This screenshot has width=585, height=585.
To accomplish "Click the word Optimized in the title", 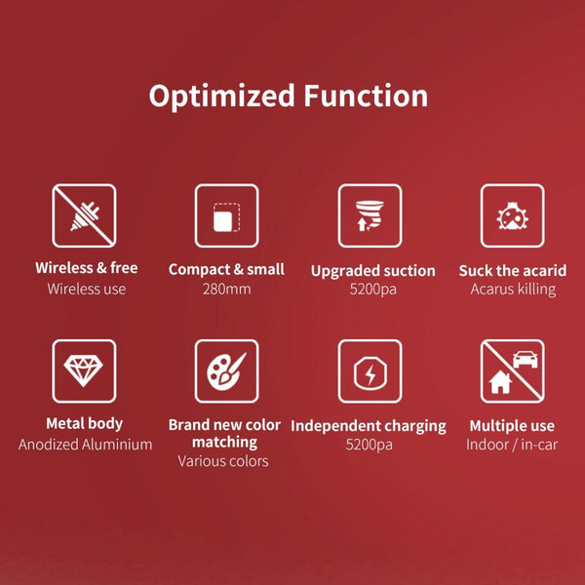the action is point(221,97).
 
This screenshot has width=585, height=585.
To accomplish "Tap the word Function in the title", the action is point(366,96).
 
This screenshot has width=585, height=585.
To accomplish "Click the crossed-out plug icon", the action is point(84,215).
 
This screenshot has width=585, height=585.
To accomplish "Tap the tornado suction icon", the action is point(370,215).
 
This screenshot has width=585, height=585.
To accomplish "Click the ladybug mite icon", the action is point(512,215).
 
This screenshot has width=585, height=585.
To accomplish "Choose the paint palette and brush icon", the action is point(226,371).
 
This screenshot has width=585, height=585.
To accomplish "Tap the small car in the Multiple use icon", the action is point(525,359).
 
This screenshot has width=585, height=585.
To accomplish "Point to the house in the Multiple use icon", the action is point(500,382).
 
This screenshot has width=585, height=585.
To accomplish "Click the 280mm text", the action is point(226,290).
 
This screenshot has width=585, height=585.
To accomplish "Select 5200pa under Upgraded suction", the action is point(372,290).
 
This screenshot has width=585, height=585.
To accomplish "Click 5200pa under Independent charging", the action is point(369,446).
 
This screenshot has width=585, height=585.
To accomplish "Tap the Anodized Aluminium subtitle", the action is point(86,445).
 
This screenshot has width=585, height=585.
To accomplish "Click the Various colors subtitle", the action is point(223,461).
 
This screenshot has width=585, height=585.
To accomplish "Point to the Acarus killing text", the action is point(513,290).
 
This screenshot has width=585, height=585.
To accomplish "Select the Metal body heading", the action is point(84,424).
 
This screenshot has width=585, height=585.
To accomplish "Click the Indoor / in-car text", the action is point(512,445).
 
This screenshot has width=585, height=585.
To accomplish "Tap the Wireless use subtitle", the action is point(86,290).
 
